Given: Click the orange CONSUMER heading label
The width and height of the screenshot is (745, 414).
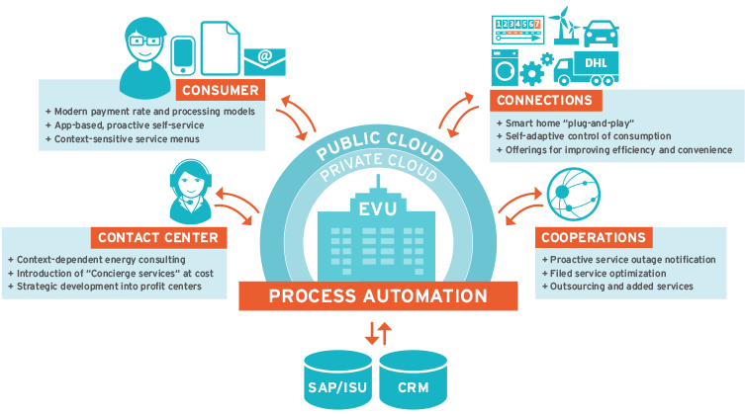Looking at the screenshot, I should (222, 91).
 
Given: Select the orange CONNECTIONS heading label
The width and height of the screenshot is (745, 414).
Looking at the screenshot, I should (545, 101).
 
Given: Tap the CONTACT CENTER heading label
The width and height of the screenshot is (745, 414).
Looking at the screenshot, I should (157, 237).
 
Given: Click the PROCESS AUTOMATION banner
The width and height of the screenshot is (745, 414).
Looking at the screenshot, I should (378, 295).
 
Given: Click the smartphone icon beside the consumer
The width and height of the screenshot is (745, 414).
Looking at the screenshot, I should (184, 56).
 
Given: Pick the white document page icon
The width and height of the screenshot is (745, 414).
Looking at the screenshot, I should (220, 46).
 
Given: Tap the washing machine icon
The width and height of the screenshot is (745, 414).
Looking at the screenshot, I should (506, 68).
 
